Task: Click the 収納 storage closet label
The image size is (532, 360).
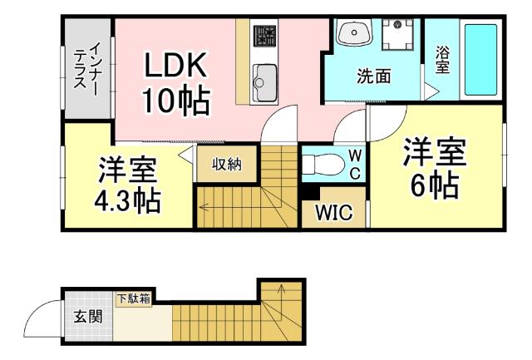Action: tap(225, 164)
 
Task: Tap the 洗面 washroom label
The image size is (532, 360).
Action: tap(373, 77)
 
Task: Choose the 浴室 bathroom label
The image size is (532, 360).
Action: tap(443, 58)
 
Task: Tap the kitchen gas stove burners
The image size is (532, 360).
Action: tap(265, 35)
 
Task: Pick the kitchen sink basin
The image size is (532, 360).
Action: tap(265, 81)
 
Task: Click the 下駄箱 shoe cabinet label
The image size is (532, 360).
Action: tap(133, 298)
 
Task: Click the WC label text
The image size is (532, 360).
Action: tap(353, 163)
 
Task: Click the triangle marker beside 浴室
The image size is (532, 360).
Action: tap(431, 86)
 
